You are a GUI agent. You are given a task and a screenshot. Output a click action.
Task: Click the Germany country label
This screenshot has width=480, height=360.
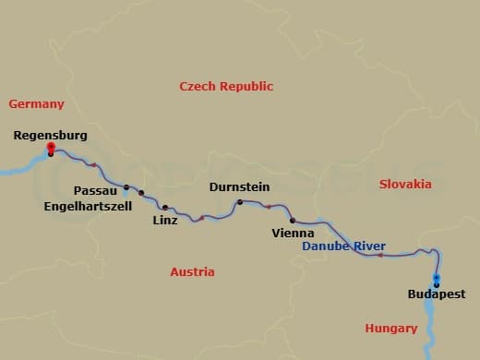(x=36, y=103)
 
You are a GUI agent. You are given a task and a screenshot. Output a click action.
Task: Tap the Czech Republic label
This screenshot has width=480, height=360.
(x=226, y=86)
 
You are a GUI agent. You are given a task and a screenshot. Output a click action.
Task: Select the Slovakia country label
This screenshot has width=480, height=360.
(x=405, y=184)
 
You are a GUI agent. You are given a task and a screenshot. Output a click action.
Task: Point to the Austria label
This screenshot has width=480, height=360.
(x=192, y=271)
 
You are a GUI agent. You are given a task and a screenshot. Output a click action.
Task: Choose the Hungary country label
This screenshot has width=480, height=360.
(x=391, y=328)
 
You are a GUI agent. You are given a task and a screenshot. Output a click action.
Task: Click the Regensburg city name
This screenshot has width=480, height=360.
(x=51, y=135)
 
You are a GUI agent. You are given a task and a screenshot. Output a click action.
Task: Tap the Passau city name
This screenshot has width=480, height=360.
(x=94, y=189)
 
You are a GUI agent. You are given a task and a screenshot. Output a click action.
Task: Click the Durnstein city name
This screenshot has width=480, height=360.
(x=239, y=186)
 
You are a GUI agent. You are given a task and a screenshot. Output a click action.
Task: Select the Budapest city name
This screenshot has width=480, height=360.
(x=437, y=294)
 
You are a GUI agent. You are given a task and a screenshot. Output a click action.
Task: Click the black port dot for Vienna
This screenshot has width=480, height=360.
(x=292, y=221)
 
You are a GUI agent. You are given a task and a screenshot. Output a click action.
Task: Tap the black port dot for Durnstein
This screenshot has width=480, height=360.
(x=239, y=201)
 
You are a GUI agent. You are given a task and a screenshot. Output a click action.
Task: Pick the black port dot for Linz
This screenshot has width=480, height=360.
(x=165, y=207)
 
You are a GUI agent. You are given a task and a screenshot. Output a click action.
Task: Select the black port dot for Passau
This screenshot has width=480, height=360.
(x=126, y=187)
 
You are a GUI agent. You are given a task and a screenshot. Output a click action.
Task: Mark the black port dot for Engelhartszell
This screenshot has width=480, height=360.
(x=141, y=193)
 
